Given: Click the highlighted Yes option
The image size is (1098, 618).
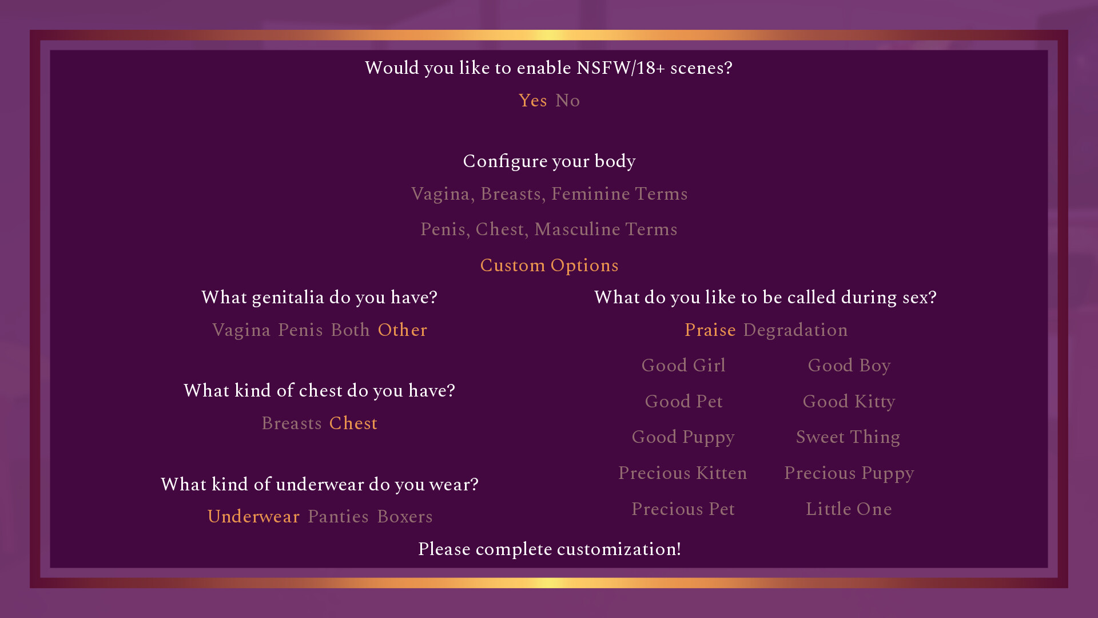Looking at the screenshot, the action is click(533, 101).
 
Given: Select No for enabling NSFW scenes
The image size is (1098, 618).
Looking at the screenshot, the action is click(568, 101).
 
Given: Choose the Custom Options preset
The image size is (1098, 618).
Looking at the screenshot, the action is click(549, 266).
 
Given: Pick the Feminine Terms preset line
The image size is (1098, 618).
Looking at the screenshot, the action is click(549, 194).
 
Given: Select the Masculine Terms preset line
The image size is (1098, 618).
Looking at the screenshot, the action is click(549, 229).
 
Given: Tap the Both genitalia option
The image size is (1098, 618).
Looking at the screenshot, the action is click(351, 330).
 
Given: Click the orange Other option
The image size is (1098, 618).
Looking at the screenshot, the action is click(403, 330).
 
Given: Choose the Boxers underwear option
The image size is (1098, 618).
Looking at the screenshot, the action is click(405, 517).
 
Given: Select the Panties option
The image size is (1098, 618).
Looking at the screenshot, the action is click(338, 517).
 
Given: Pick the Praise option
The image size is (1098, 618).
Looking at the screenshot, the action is click(710, 330).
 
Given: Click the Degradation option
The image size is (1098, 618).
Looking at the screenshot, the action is click(795, 330).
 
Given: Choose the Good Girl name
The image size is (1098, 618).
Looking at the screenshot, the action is click(683, 366).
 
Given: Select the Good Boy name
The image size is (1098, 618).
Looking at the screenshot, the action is click(849, 366).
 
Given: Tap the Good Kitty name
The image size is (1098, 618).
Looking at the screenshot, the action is click(849, 402).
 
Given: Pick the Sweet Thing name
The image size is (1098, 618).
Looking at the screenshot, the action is click(848, 437).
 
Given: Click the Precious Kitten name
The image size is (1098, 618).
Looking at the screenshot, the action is click(683, 473).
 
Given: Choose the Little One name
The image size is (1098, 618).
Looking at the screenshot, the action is click(849, 509).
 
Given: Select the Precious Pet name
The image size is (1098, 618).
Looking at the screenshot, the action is click(683, 509).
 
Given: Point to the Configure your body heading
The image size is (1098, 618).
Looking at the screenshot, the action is click(549, 161).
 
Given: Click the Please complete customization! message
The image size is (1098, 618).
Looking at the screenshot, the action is click(549, 549).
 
